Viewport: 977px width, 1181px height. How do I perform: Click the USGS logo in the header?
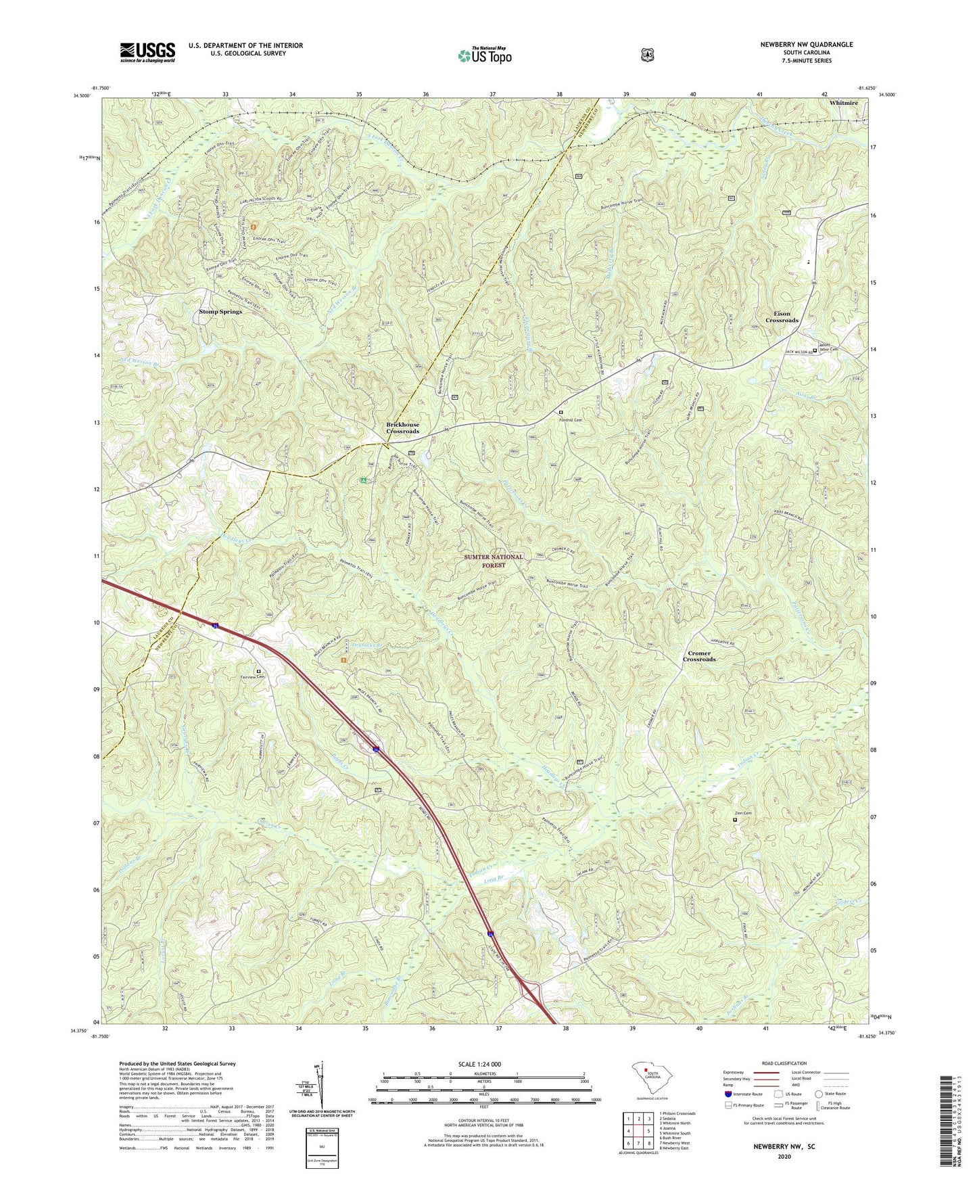[147, 52]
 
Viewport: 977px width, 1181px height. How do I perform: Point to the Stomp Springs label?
[220, 312]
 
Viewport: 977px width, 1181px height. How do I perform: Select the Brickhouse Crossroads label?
[402, 427]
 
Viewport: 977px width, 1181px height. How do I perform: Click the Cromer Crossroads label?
[699, 656]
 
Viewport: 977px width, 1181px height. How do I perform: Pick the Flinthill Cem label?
[570, 419]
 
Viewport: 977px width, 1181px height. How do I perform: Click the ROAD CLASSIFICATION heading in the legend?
[784, 1064]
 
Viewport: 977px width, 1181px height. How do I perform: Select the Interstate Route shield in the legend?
[728, 1094]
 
